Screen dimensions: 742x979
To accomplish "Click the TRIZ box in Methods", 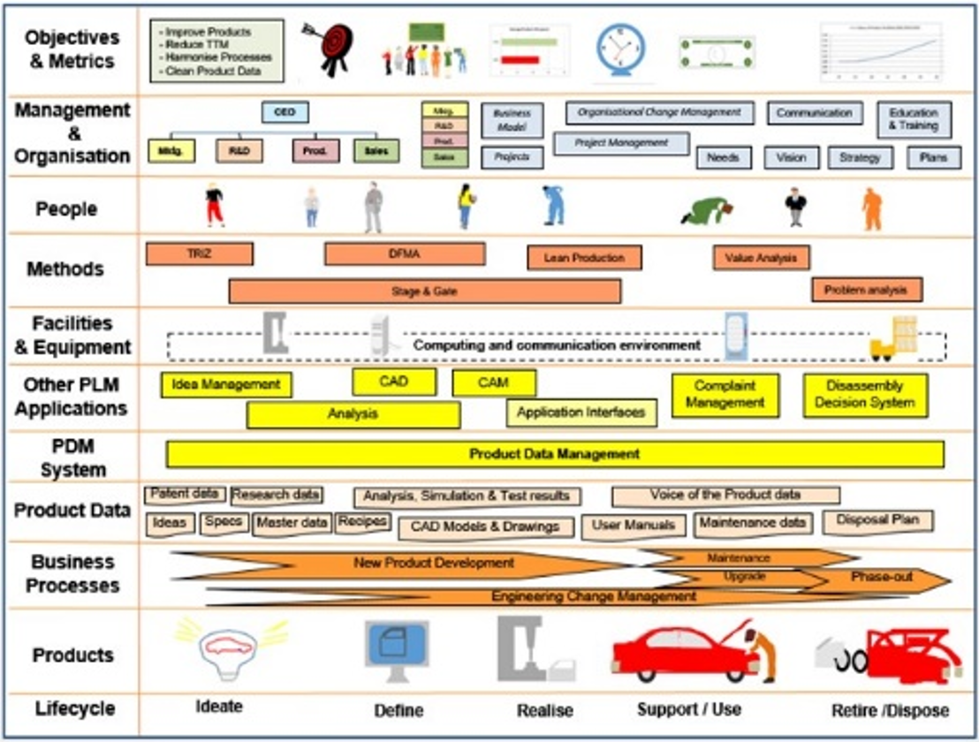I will tap(199, 254).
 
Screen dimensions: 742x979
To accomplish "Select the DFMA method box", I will tap(405, 254).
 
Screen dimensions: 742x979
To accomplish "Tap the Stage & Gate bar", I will tap(424, 291).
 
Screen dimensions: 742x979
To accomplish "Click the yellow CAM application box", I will tap(494, 382).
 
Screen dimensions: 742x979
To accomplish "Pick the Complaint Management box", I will tap(725, 395).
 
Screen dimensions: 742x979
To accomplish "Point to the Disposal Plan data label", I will tap(877, 520).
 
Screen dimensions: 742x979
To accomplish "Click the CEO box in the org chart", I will tap(285, 113).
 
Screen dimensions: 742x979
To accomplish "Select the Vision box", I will tap(791, 158).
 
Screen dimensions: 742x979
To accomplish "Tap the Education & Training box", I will tap(914, 119).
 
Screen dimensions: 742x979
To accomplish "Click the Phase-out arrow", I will tap(882, 578).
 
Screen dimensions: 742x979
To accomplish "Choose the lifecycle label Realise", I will tap(544, 710).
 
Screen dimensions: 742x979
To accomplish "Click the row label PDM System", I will tap(72, 458).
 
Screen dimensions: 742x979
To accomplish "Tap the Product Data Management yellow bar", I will tap(554, 454).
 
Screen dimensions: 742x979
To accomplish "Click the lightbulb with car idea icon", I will tap(231, 647).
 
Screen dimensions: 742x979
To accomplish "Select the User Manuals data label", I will tap(633, 526).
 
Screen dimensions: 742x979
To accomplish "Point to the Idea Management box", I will tap(226, 384).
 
